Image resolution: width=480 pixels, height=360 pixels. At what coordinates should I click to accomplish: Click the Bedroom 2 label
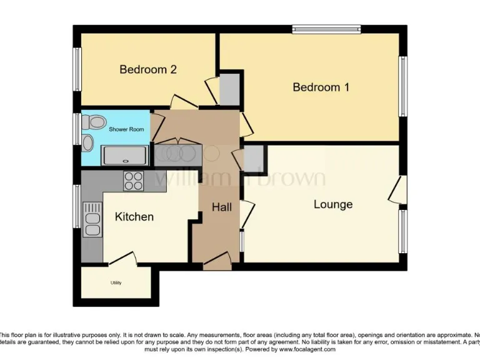tap(148, 69)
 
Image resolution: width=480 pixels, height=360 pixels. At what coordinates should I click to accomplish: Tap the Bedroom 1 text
tap(321, 87)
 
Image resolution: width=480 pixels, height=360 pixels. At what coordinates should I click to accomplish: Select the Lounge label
tap(333, 204)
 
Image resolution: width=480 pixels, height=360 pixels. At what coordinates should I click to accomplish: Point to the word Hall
tap(221, 207)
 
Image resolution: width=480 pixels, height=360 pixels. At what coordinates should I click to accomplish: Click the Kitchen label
tap(134, 217)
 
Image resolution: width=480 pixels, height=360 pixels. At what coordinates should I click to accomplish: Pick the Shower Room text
tap(127, 129)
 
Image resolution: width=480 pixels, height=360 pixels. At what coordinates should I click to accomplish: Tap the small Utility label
tap(116, 283)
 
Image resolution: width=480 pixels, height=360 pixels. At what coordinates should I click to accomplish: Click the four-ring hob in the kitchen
tap(134, 180)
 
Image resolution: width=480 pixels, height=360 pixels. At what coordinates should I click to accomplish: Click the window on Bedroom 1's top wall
tap(326, 29)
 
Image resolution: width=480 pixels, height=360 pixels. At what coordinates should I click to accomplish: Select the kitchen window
tap(77, 207)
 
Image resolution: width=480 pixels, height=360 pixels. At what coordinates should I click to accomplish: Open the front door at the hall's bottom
tap(216, 262)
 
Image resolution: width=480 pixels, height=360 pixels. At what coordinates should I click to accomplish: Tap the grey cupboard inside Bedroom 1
tap(229, 89)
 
